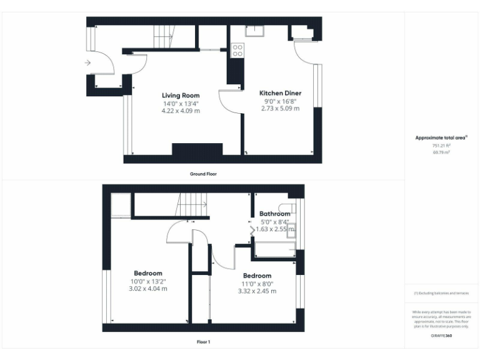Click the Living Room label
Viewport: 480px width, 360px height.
[181, 96]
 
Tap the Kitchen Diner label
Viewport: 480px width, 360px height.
[280, 93]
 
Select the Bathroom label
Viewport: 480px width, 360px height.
[275, 214]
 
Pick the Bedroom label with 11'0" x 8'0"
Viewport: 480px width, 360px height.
[257, 276]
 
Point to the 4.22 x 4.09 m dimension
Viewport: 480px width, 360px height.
[181, 111]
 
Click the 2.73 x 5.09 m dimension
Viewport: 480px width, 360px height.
[280, 108]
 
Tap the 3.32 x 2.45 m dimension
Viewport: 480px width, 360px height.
[257, 291]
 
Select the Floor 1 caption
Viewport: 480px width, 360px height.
[203, 342]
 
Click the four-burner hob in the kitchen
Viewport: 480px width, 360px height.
[237, 49]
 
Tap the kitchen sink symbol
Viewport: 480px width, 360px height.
[255, 31]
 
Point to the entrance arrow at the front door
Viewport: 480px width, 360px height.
[87, 62]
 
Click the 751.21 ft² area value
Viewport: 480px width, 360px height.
[441, 145]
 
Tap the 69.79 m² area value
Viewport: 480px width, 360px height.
[441, 152]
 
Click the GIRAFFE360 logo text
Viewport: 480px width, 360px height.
[441, 336]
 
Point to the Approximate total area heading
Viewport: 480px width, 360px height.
[441, 137]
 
